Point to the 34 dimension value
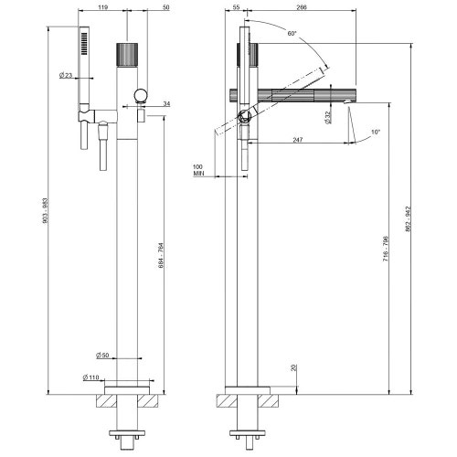tap(165, 104)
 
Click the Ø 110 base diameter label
tap(91, 377)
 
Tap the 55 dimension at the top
tap(236, 6)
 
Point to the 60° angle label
tap(291, 34)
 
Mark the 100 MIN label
tap(198, 170)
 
